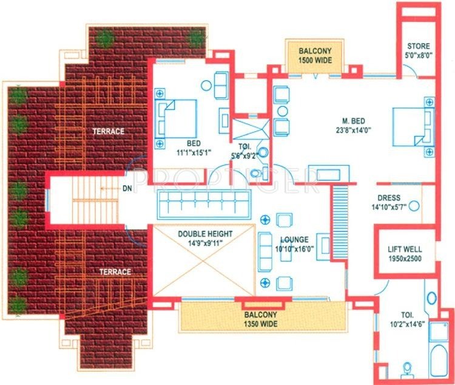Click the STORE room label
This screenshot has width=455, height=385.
point(418,46)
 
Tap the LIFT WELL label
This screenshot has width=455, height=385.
point(405,250)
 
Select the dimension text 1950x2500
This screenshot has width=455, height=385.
point(405,259)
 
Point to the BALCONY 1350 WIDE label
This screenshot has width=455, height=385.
point(261,315)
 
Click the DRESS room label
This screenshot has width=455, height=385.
point(389,198)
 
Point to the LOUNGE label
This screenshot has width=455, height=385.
point(294,240)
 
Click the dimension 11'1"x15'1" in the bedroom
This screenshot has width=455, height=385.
point(194,152)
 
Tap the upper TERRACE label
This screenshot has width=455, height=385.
point(109,131)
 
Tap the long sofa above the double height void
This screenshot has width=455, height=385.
point(203,203)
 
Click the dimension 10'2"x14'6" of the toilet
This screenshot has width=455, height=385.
point(406,325)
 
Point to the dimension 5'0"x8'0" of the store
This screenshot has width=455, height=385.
point(418,55)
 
